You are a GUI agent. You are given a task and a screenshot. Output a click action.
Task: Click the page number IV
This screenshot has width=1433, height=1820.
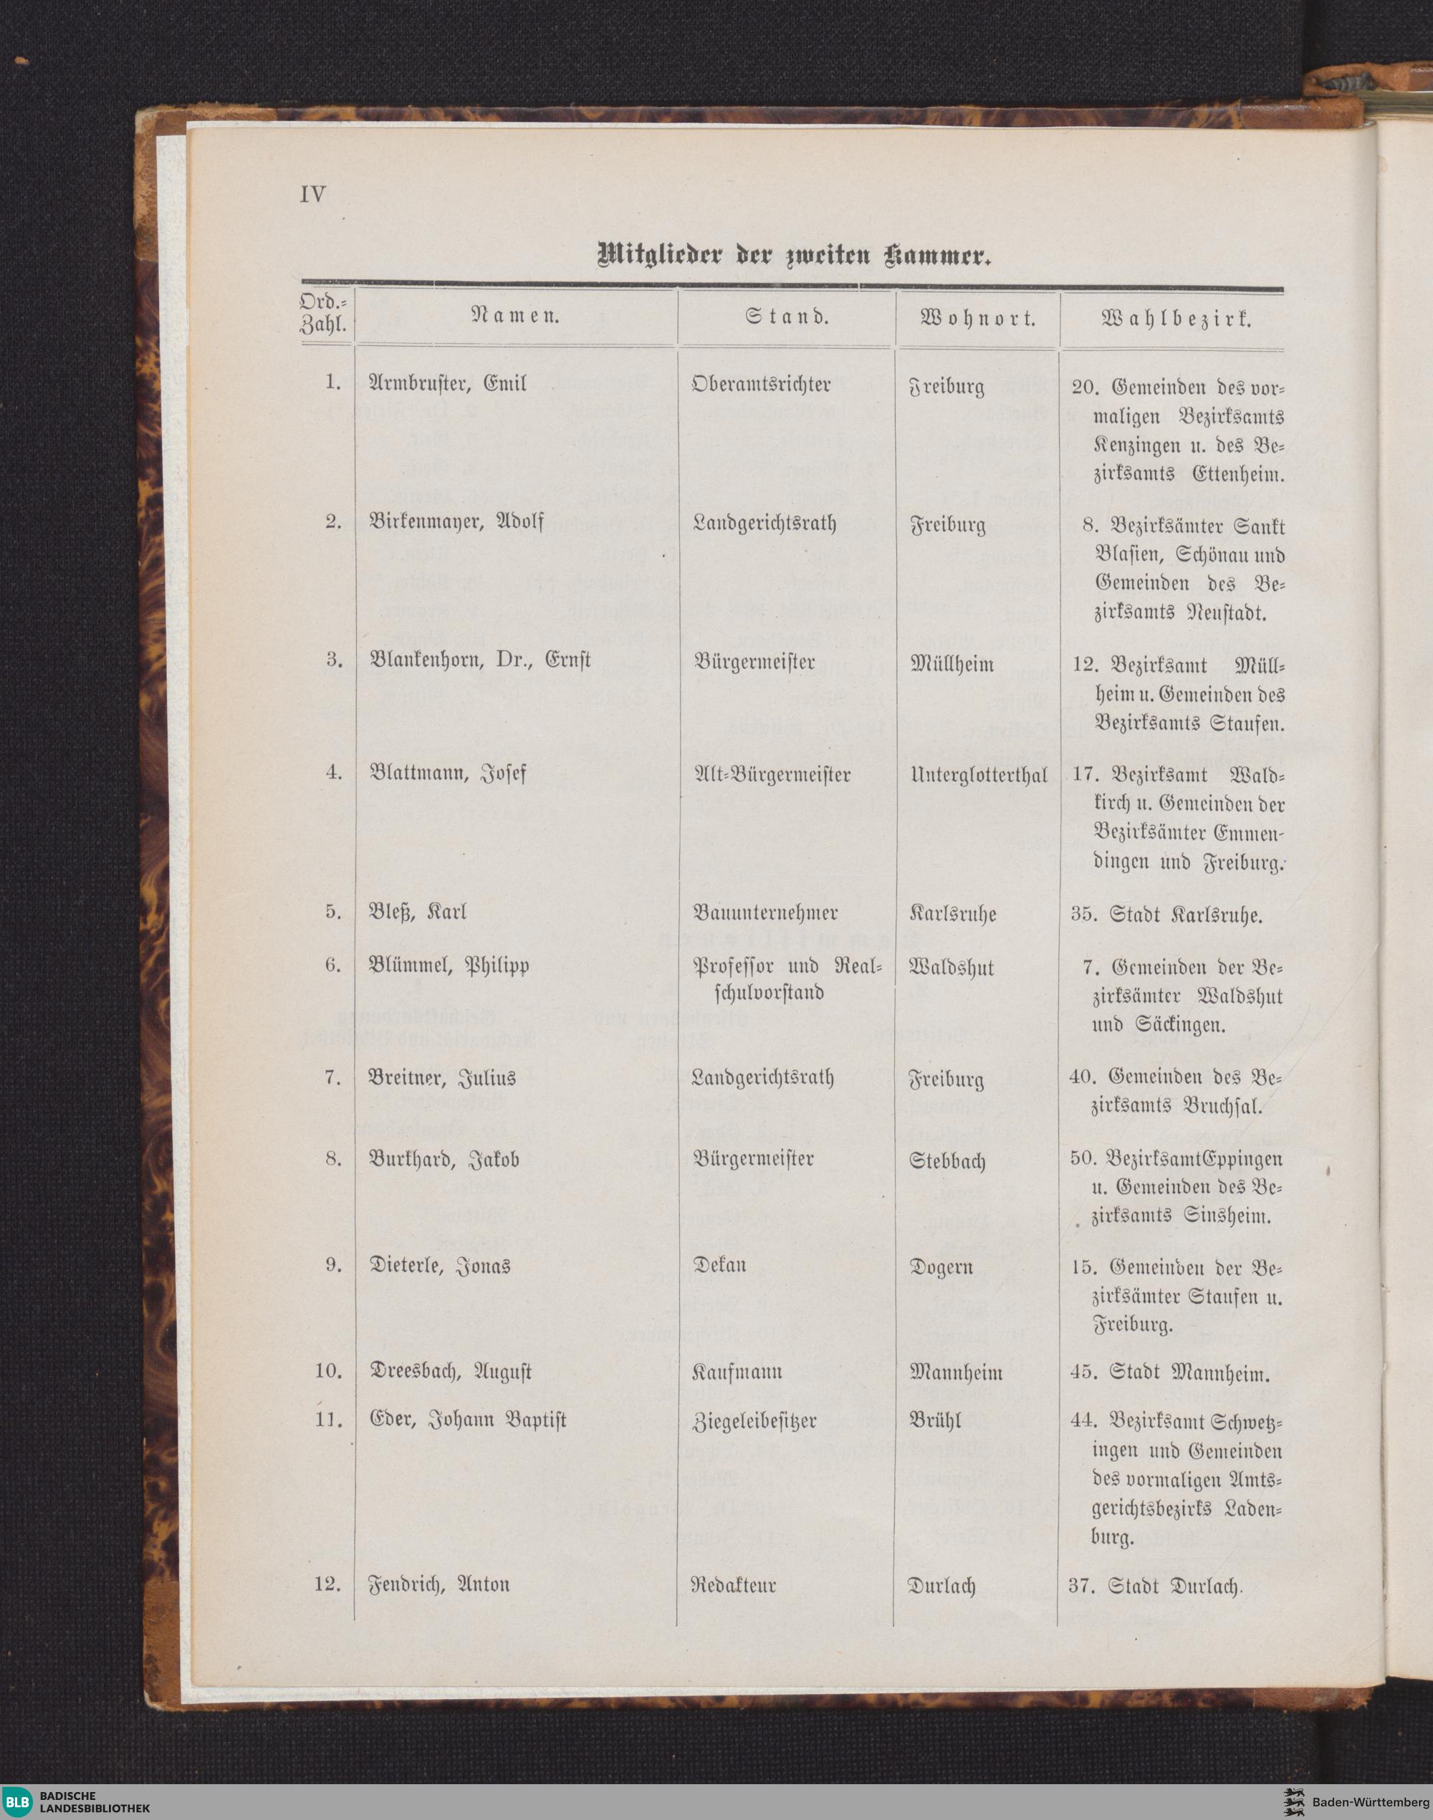pos(312,195)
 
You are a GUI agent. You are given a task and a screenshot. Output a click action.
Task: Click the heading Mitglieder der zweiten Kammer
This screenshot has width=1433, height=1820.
pos(793,255)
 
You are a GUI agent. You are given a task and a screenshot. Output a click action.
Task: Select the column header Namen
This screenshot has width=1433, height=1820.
pos(517,318)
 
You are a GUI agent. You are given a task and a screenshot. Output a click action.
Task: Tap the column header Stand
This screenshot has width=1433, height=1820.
pos(786,318)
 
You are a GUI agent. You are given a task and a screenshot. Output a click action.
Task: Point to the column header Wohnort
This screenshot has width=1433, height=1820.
pos(977,319)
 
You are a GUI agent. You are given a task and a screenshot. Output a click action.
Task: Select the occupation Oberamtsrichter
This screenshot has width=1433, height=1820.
pos(761,384)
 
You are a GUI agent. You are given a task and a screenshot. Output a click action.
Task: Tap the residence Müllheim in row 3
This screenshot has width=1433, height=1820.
pos(952,664)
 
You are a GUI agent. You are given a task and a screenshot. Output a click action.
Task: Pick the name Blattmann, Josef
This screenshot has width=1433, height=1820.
pos(448,772)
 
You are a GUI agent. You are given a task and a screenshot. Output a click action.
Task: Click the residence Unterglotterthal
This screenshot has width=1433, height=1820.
pos(978,775)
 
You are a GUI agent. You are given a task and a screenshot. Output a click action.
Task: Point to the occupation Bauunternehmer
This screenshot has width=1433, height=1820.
pos(765,912)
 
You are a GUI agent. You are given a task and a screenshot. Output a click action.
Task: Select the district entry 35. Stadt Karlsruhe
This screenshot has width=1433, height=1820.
pos(1166,914)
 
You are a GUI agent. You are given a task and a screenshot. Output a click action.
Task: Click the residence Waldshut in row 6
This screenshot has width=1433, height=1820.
pos(952,968)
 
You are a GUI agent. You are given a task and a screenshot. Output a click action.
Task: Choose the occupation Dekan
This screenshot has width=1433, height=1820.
pos(719,1264)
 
